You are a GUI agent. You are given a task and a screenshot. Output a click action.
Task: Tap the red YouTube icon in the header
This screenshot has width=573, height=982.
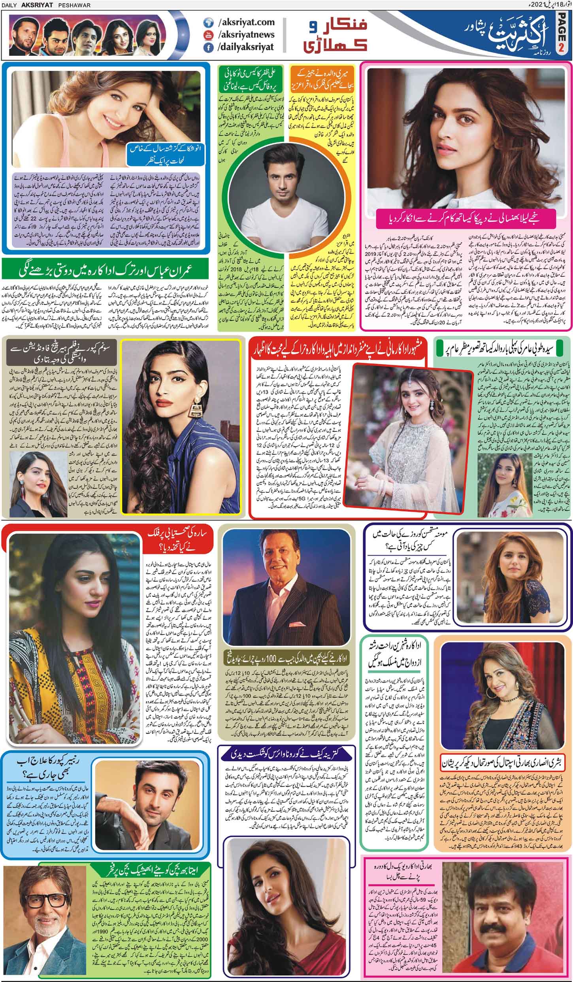coord(207,34)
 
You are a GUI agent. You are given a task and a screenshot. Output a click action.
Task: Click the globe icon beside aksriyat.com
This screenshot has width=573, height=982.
coord(207,23)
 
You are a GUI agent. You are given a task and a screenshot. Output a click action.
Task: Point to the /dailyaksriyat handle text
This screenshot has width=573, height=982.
coord(245,47)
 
